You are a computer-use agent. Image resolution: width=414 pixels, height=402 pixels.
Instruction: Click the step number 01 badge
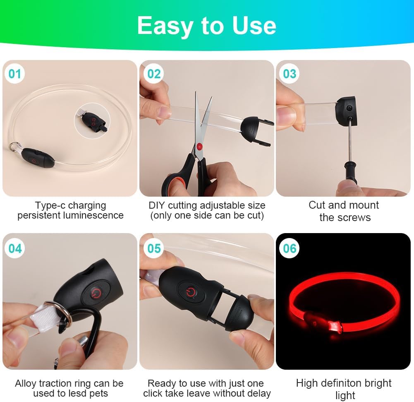15,74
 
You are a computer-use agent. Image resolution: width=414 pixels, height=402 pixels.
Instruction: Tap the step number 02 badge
154,74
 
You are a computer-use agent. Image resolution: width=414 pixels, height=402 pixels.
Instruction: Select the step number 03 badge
290,74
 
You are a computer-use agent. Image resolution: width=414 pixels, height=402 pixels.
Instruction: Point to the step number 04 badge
15,248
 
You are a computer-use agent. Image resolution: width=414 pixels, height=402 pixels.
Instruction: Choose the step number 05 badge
154,248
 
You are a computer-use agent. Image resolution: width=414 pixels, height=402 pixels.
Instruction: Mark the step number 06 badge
290,248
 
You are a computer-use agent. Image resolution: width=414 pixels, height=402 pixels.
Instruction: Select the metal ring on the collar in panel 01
14,147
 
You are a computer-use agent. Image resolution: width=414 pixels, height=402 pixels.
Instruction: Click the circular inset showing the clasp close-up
92,121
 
